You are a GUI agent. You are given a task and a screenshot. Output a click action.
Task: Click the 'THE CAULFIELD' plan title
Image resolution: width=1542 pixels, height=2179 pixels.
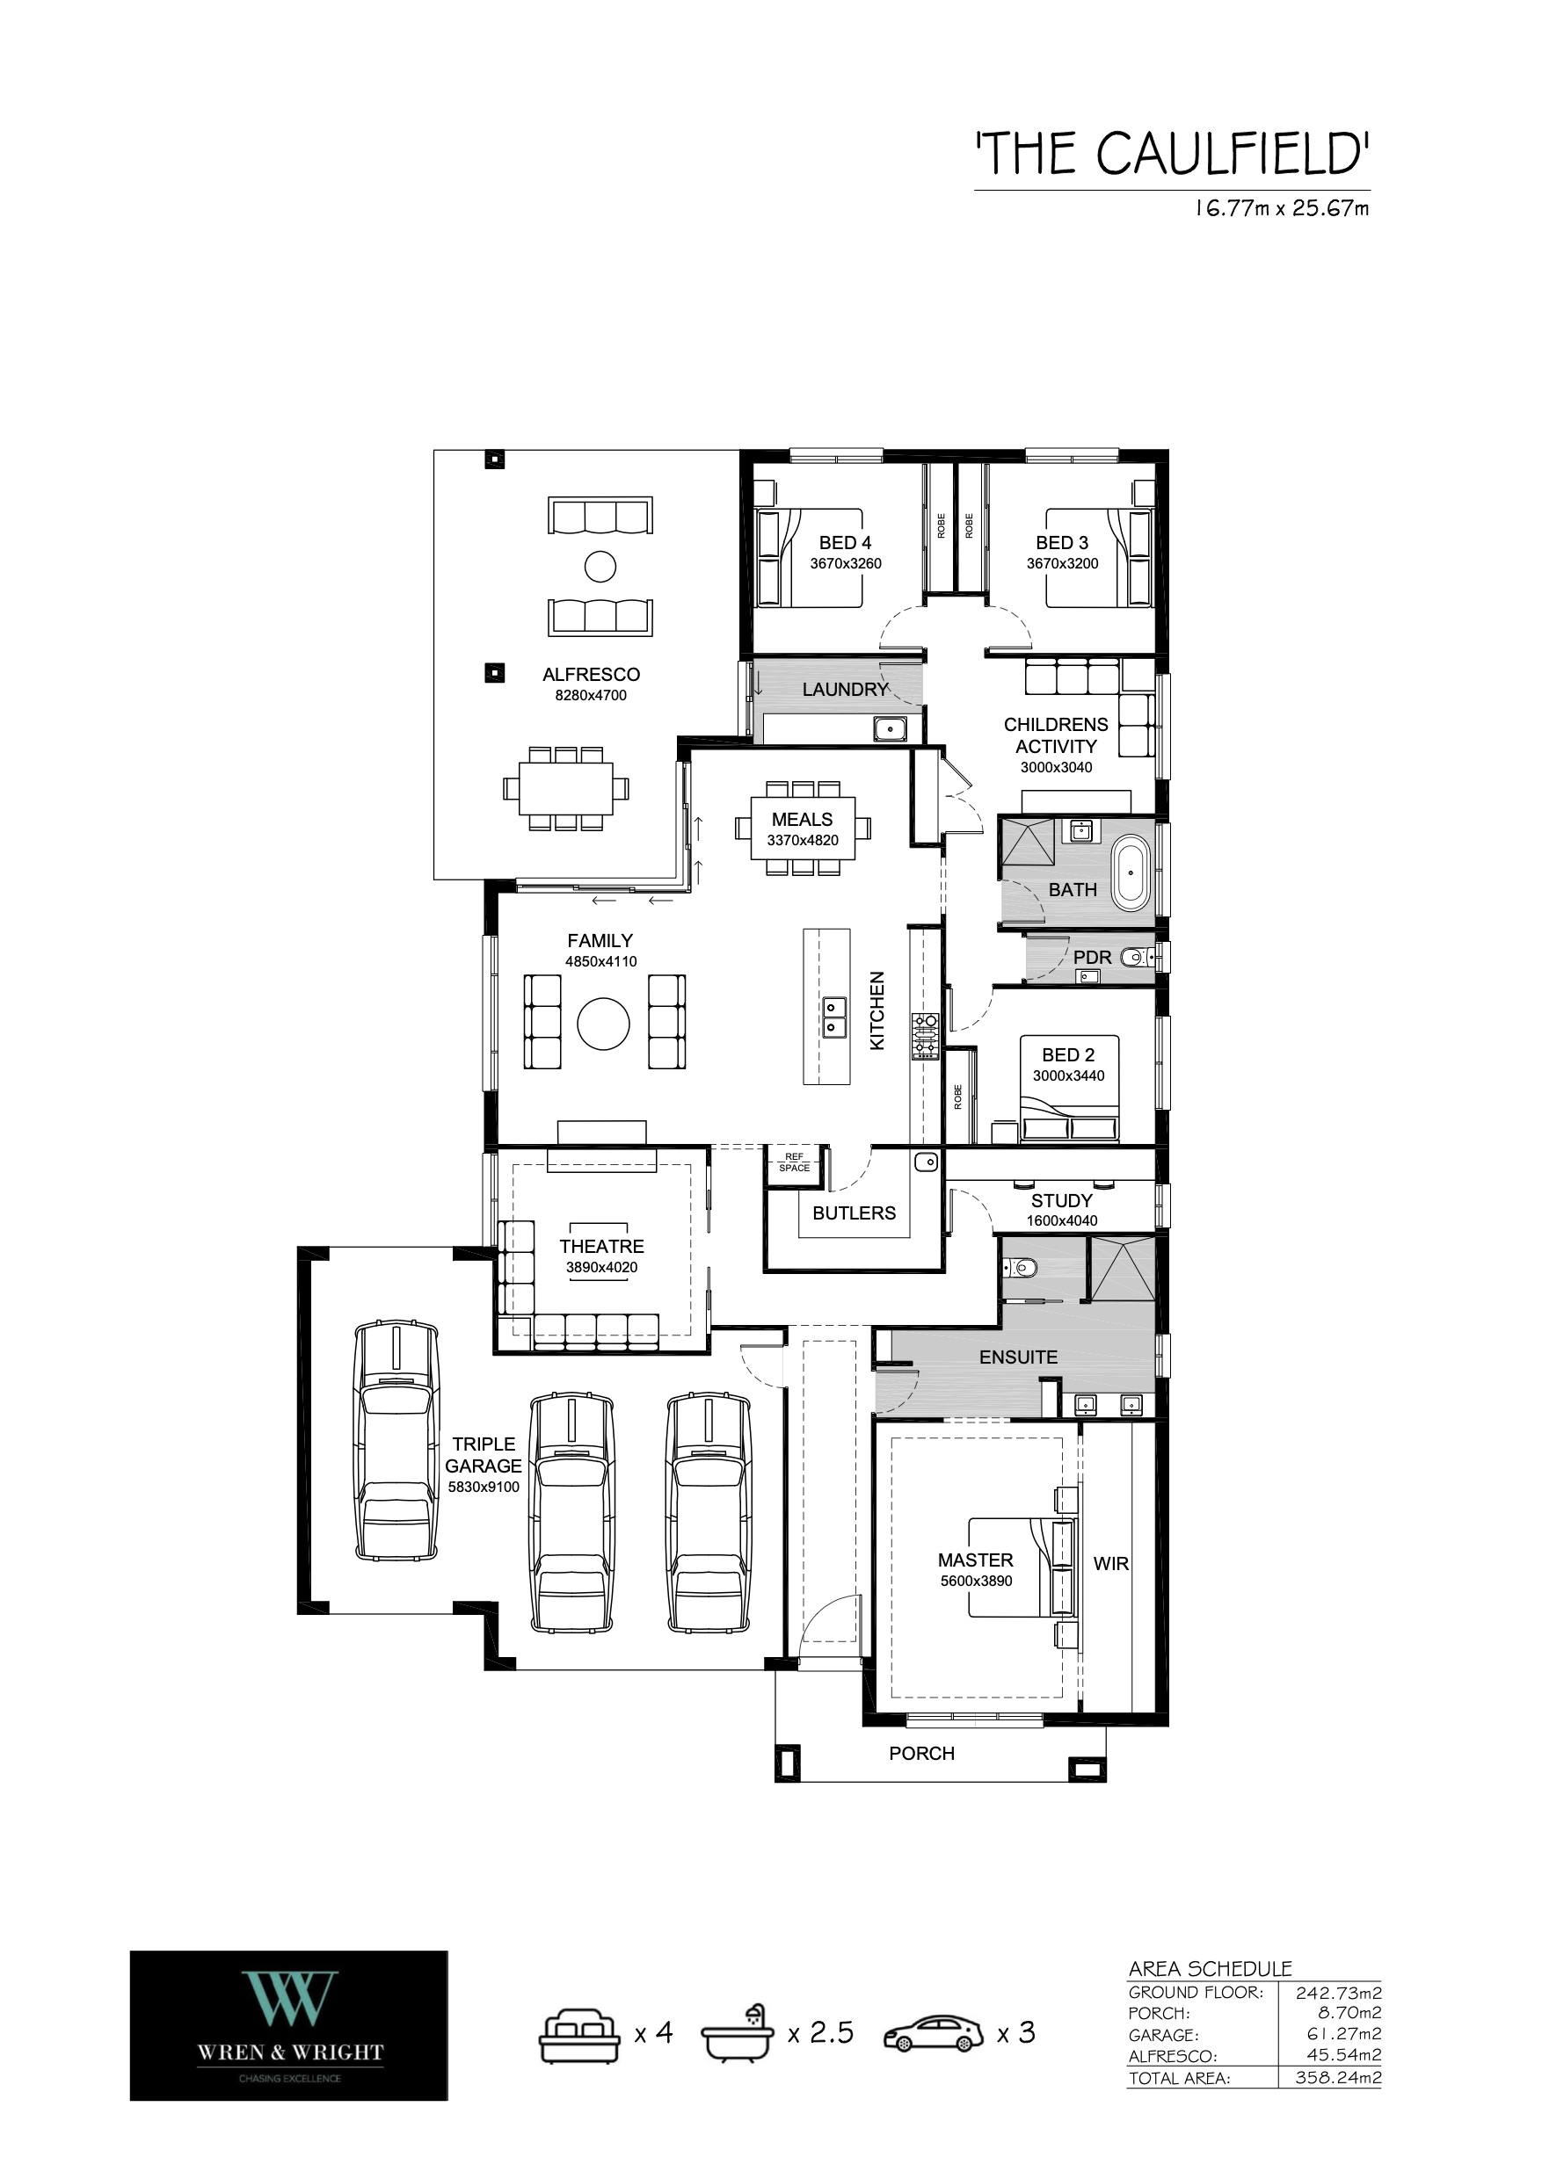click(x=1173, y=154)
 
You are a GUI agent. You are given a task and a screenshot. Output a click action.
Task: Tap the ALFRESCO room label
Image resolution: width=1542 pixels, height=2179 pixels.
click(x=591, y=675)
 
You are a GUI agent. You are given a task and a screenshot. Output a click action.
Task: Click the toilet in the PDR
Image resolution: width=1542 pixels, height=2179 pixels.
click(x=1137, y=958)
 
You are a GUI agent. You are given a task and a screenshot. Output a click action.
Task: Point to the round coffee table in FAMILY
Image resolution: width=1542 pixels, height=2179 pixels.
click(x=603, y=1023)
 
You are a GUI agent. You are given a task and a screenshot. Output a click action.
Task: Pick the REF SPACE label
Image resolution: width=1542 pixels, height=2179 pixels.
click(x=794, y=1162)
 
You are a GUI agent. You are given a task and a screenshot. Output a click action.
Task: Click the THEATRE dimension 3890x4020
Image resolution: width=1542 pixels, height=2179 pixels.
click(x=602, y=1267)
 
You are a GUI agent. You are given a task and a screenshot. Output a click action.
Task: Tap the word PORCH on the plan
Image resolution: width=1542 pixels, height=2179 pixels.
click(x=921, y=1754)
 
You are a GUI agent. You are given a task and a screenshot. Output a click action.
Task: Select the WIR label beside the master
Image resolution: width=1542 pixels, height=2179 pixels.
click(x=1111, y=1563)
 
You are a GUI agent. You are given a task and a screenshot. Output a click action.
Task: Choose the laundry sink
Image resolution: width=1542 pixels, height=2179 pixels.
click(x=891, y=729)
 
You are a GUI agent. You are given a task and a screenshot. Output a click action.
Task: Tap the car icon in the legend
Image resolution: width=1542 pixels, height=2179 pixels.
click(x=934, y=2033)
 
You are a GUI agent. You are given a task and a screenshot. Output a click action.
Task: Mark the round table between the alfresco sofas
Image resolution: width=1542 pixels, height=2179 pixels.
click(x=600, y=568)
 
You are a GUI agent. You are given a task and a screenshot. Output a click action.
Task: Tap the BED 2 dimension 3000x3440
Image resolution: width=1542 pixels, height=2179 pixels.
click(x=1068, y=1076)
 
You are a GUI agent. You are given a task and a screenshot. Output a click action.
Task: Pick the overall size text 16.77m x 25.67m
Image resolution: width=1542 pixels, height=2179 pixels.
click(x=1281, y=209)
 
